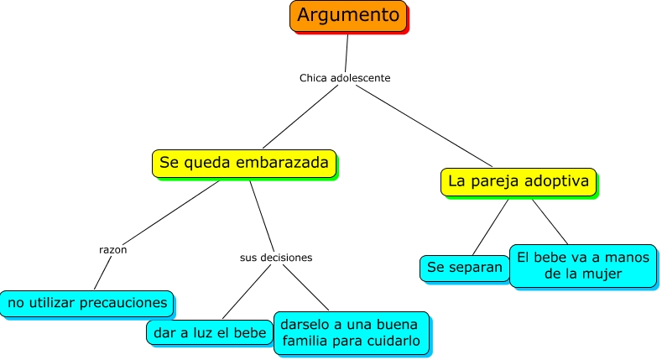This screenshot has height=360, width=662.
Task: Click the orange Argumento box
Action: click(348, 15)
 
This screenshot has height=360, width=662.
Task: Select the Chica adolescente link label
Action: click(345, 78)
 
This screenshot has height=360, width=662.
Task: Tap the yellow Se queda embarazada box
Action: click(243, 163)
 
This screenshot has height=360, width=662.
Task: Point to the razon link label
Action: click(112, 249)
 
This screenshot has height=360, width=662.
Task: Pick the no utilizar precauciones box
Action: click(87, 302)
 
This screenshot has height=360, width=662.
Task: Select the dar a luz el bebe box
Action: click(209, 331)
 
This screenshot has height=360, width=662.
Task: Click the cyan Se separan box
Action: click(464, 268)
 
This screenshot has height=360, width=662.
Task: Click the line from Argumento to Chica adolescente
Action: click(347, 52)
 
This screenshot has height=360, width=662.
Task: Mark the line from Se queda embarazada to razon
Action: click(168, 213)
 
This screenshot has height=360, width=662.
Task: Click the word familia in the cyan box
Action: click(309, 342)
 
